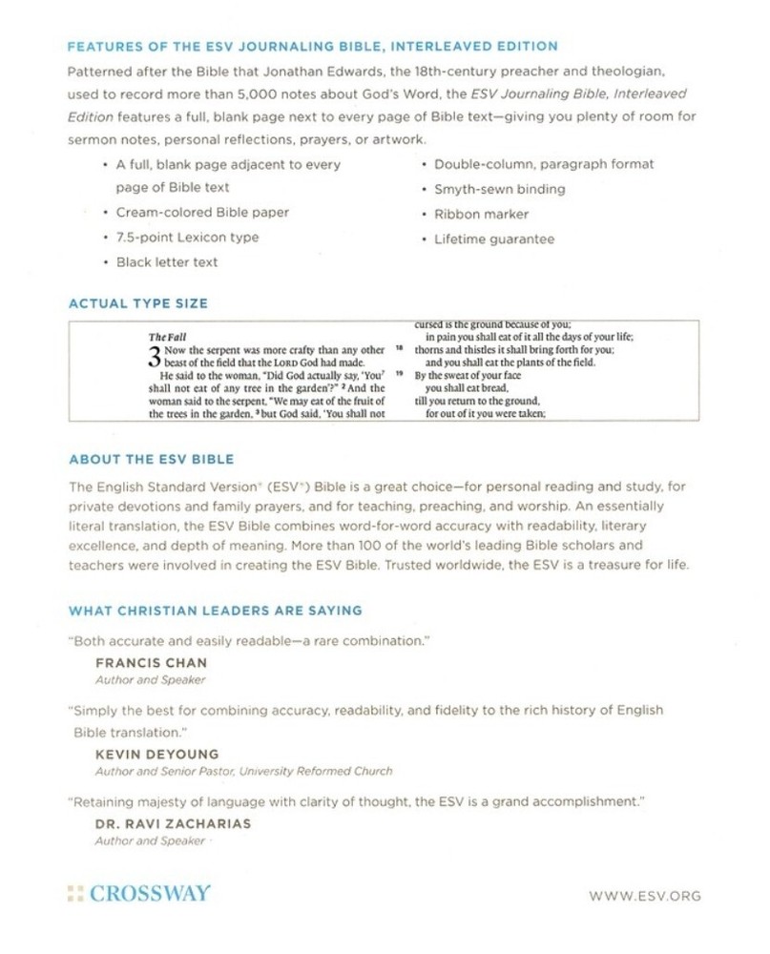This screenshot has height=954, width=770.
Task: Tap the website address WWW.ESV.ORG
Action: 646,896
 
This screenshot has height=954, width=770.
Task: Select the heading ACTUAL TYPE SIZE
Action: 137,303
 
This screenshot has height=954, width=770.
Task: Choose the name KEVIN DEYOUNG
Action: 157,754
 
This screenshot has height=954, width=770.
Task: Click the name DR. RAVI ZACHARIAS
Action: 172,823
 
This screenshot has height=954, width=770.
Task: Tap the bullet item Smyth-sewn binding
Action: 499,189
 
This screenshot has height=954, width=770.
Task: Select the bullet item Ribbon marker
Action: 481,214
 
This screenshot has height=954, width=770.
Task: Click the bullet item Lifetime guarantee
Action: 493,238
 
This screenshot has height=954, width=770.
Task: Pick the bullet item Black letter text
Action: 166,261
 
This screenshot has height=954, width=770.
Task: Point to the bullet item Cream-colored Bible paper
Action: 202,212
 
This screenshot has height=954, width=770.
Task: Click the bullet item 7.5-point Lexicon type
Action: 187,237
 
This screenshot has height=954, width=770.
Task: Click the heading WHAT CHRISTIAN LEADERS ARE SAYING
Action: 215,610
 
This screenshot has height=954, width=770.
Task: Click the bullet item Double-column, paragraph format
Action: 544,164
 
